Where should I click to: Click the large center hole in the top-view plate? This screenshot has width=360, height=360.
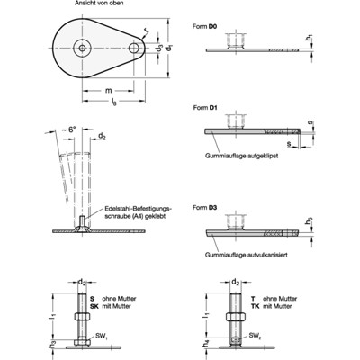click(x=83, y=48)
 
